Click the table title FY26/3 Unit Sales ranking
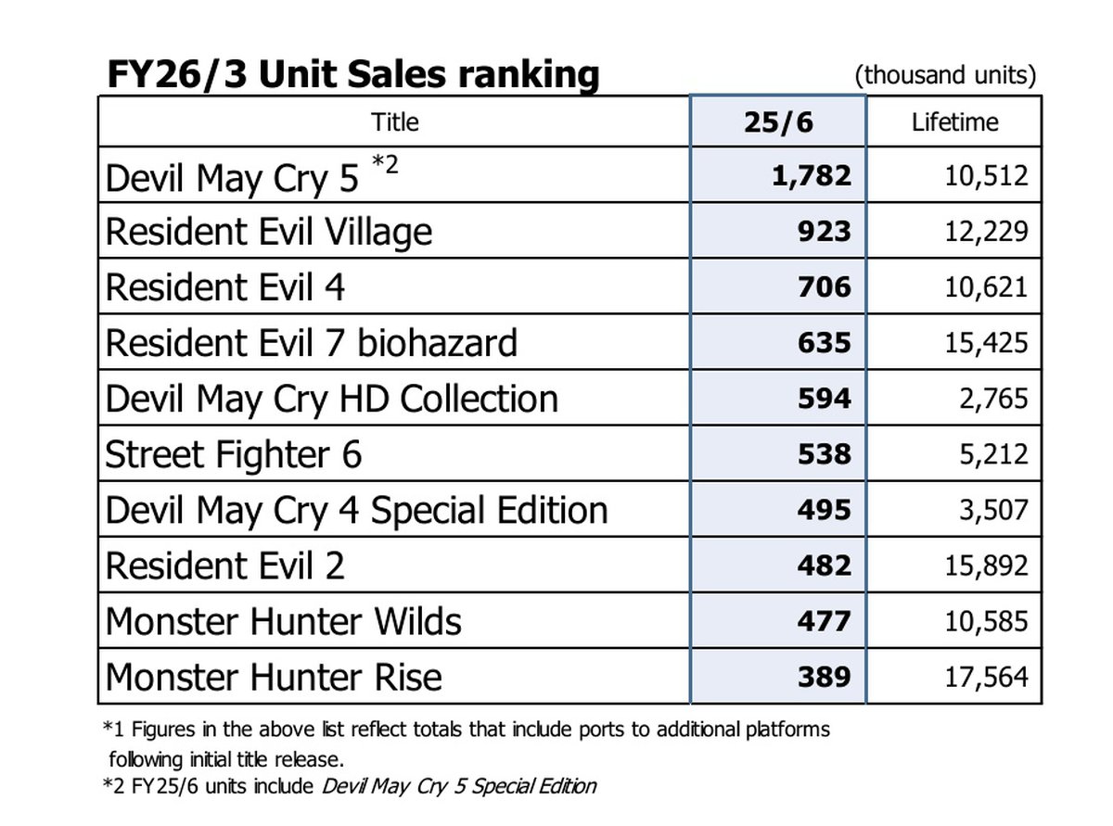coord(352,74)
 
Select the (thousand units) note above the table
coord(945,75)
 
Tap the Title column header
coord(394,121)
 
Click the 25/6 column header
coord(777,121)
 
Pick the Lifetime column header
coord(954,121)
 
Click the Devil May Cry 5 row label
coord(232,177)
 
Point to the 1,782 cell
coord(811,175)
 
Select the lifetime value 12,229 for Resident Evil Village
coord(986,231)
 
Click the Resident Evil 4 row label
coord(225,287)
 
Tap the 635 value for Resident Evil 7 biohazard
coord(824,342)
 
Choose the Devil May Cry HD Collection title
coord(332,399)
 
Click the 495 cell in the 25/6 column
coord(824,509)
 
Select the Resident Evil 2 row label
coord(225,565)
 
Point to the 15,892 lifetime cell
coord(986,565)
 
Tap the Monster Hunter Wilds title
coord(283,621)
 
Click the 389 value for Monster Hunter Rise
coord(824,676)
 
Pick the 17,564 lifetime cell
coord(986,676)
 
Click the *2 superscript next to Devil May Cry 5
coord(385,164)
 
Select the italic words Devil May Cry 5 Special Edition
coord(459,787)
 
